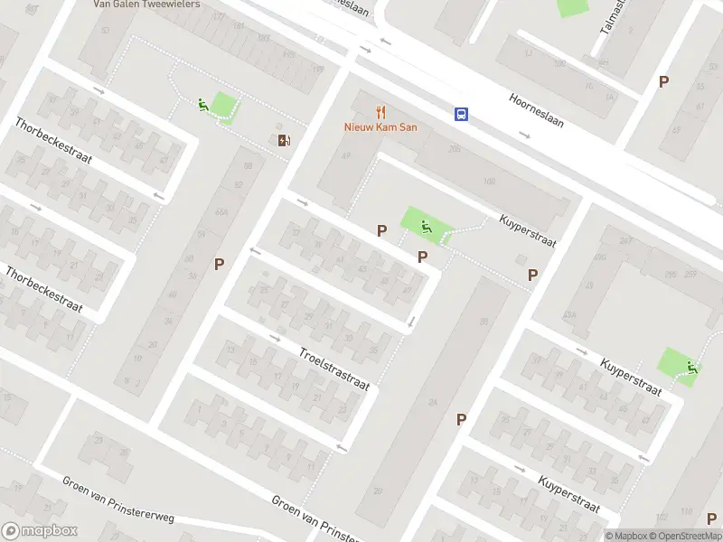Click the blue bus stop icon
point(462,114)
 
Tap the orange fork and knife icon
point(381,113)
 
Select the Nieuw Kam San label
point(380,127)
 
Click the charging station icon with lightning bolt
point(285,140)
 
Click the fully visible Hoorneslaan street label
point(537,109)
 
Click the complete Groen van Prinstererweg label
point(117,500)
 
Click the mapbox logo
point(39,531)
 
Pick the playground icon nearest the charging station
point(202,105)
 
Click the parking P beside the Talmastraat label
point(663,81)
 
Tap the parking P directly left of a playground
point(381,231)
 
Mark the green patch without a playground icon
point(571,6)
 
